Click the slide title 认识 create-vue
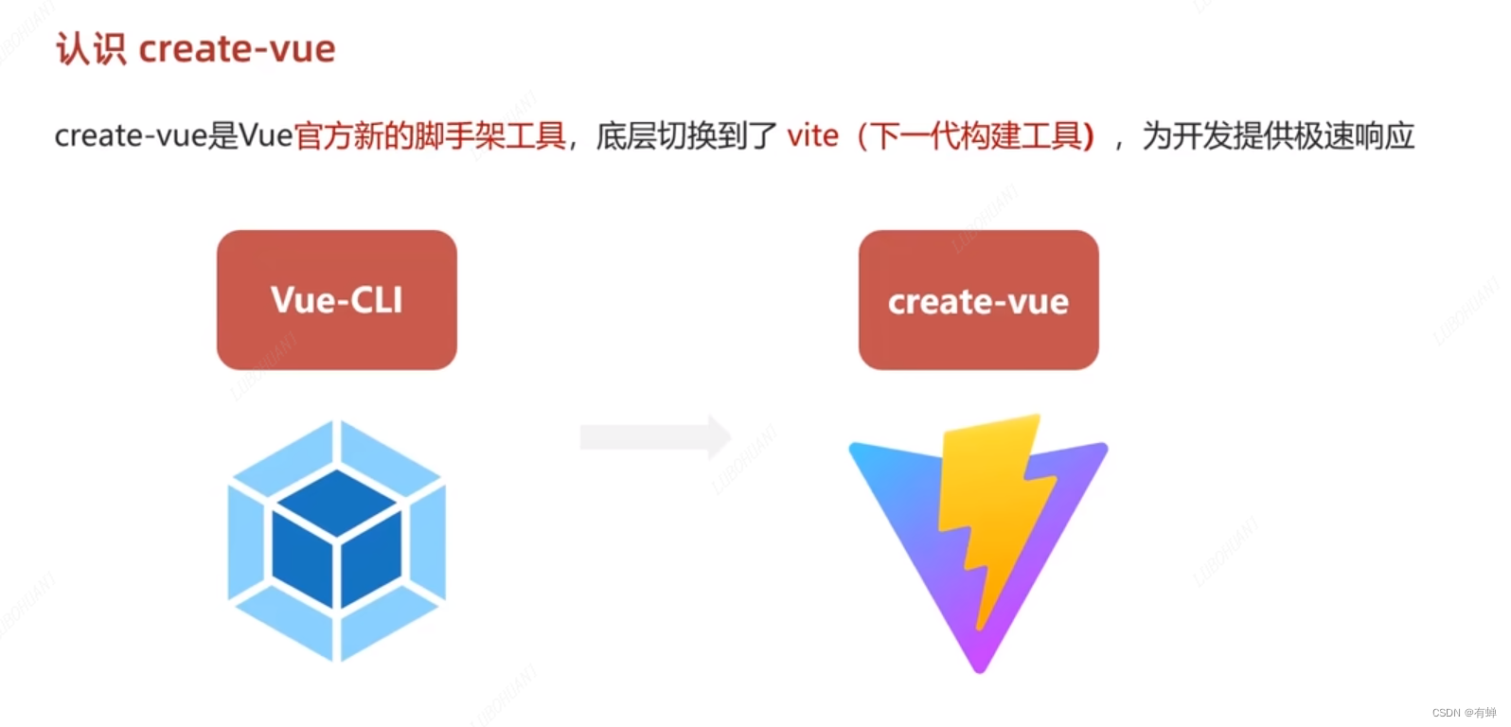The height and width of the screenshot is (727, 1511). (x=196, y=49)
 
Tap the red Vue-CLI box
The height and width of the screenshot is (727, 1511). (x=336, y=299)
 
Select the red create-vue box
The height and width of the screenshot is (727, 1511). (x=978, y=299)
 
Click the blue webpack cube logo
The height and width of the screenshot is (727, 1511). (x=336, y=540)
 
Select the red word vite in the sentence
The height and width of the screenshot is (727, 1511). (x=812, y=136)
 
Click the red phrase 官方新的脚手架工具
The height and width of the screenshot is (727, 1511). (x=430, y=136)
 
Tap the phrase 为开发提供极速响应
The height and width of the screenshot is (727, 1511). (x=1278, y=136)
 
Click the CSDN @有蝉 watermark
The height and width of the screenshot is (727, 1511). (x=1464, y=713)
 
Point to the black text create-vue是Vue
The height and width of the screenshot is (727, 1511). (x=173, y=136)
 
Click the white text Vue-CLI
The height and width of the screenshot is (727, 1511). (x=336, y=300)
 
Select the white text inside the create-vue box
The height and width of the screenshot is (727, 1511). (x=978, y=302)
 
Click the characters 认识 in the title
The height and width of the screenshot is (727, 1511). (x=91, y=49)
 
